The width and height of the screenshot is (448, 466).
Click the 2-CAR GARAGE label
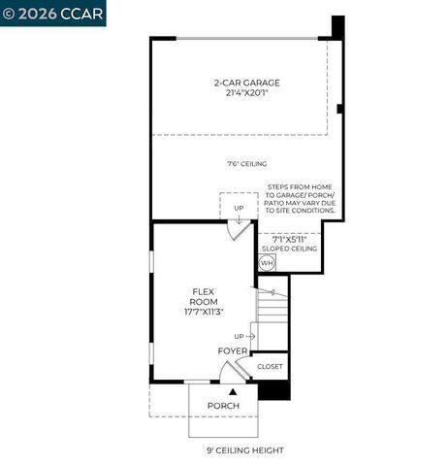pyautogui.click(x=246, y=83)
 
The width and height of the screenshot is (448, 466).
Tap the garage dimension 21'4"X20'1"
pyautogui.click(x=246, y=94)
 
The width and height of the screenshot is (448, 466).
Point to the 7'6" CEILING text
pyautogui.click(x=246, y=164)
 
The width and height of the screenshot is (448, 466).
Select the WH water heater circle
pyautogui.click(x=268, y=262)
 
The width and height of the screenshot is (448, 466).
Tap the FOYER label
pyautogui.click(x=232, y=350)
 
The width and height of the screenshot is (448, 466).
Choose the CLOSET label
pyautogui.click(x=270, y=367)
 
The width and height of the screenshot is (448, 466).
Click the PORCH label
pyautogui.click(x=223, y=405)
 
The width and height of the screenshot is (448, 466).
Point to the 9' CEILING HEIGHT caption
pyautogui.click(x=245, y=450)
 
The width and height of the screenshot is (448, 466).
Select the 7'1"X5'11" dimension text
pyautogui.click(x=288, y=239)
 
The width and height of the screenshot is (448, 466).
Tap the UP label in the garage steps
pyautogui.click(x=239, y=208)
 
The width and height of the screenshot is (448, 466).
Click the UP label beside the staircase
pyautogui.click(x=239, y=336)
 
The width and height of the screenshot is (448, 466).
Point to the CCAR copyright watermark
pyautogui.click(x=52, y=13)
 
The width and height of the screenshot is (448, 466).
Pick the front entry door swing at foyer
pyautogui.click(x=231, y=372)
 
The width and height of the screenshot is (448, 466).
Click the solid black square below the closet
pyautogui.click(x=274, y=389)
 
